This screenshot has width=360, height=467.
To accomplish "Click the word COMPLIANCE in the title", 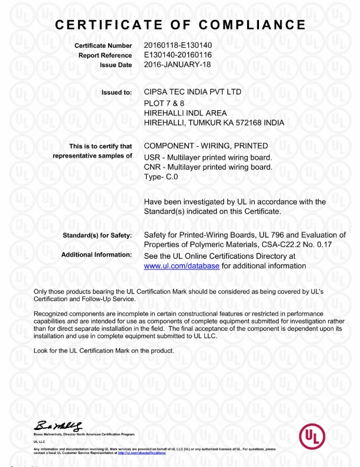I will (253, 25).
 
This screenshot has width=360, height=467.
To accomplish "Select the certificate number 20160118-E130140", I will (182, 45).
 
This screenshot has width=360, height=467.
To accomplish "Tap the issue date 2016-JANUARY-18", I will (178, 64).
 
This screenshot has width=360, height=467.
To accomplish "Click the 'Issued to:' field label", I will (117, 93).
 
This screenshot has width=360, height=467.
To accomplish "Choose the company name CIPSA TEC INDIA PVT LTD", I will (193, 92).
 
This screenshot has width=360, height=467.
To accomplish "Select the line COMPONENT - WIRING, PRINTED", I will (206, 146).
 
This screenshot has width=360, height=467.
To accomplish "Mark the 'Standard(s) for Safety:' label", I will (97, 236).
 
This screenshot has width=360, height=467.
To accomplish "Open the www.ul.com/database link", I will (182, 266).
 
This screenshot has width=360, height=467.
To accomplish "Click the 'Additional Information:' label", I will (97, 254).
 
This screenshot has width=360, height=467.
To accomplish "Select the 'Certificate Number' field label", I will (103, 46).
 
